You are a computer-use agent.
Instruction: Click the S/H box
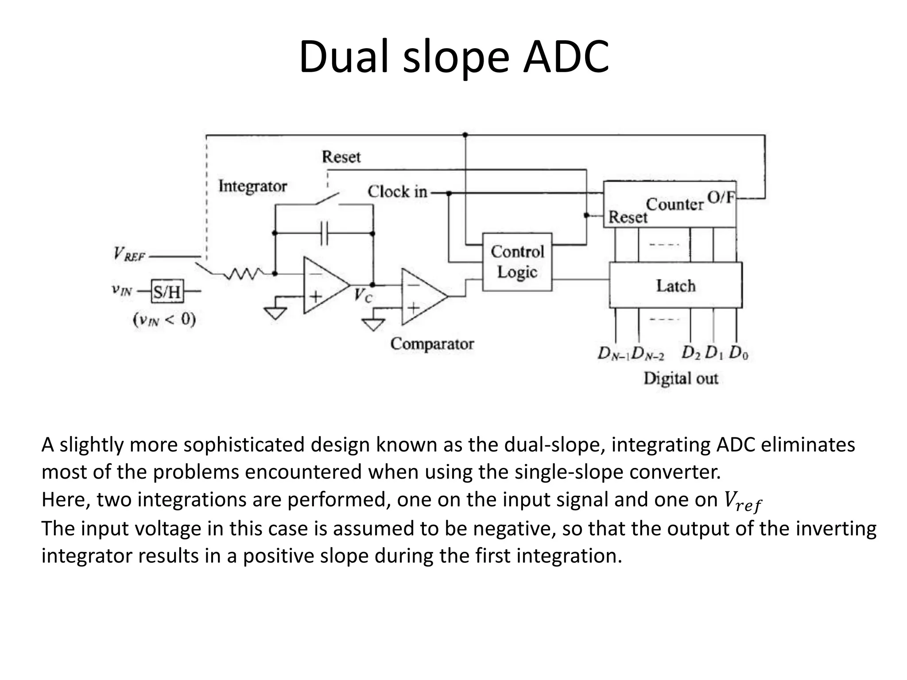point(167,291)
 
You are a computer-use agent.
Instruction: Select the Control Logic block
point(517,262)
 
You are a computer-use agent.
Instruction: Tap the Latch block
point(675,286)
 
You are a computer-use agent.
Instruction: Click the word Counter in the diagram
point(674,205)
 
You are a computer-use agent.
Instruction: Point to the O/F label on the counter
point(721,197)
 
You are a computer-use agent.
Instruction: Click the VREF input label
point(129,254)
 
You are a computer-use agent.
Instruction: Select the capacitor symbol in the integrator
point(324,233)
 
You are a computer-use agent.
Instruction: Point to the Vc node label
point(363,296)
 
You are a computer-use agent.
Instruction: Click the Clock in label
point(397,192)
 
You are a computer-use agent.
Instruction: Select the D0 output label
point(738,353)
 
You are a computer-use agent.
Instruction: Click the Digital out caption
point(680,379)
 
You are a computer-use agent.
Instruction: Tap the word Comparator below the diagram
point(432,344)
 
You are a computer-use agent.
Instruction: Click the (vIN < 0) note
point(164,320)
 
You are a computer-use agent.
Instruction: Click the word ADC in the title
point(566,57)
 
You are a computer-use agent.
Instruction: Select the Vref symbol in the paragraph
point(742,501)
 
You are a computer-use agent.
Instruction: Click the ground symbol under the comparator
point(373,325)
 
